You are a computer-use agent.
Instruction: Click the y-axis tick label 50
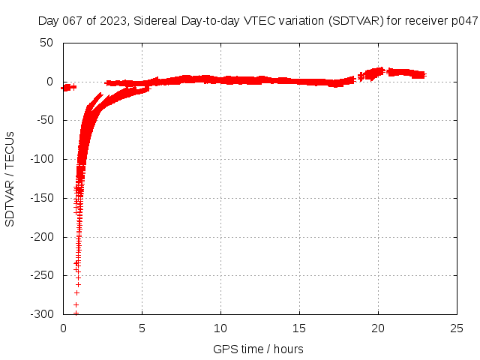(46, 43)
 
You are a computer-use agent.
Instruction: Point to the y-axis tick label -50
(43, 121)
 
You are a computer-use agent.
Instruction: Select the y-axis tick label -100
(41, 159)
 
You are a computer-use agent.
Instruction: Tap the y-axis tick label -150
(41, 198)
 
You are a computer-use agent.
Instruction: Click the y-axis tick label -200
(41, 237)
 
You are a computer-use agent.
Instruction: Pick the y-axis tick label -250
(41, 276)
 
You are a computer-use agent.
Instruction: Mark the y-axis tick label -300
(41, 314)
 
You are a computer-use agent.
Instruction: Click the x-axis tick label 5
(142, 328)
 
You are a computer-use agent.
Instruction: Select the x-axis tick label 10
(220, 328)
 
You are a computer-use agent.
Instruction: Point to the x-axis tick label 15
(299, 328)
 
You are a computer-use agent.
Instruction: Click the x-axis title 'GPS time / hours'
(258, 349)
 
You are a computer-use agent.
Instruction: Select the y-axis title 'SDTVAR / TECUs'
(10, 178)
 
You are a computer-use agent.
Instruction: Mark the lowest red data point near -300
(76, 313)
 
